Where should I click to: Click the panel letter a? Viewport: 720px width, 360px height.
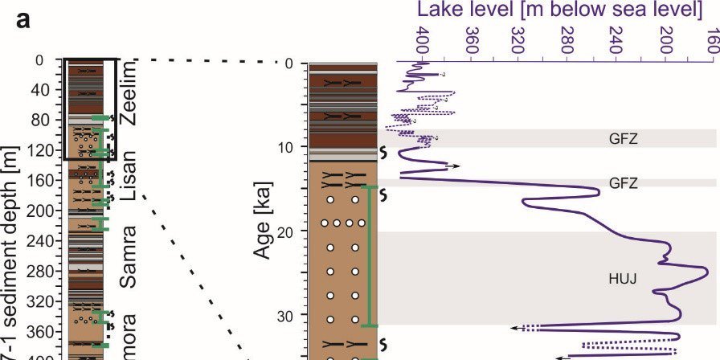pos(23,22)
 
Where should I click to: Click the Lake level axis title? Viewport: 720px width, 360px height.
pos(554,10)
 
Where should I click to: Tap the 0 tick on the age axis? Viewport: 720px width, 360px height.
pos(282,63)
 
